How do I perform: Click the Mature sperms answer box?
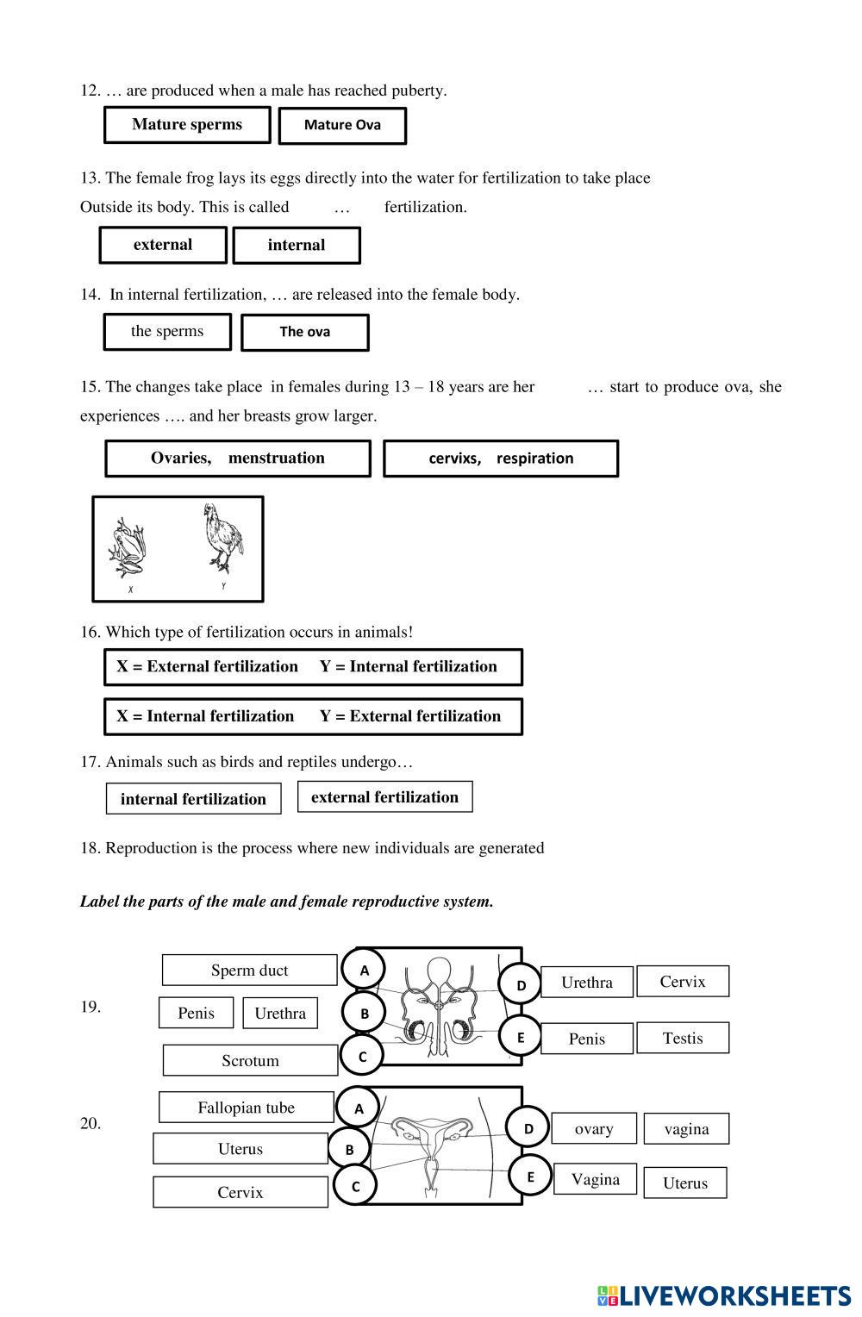(x=187, y=125)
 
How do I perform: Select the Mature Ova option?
(x=342, y=126)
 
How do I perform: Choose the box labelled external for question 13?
(x=163, y=245)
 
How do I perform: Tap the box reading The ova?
(x=304, y=332)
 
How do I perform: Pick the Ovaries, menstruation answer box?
(x=237, y=459)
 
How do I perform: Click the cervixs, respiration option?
(x=501, y=459)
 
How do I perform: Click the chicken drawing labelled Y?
(x=222, y=539)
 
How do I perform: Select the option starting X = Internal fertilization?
(x=313, y=716)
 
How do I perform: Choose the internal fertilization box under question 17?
(x=193, y=799)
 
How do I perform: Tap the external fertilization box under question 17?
(x=384, y=797)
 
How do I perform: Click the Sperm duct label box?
(x=249, y=971)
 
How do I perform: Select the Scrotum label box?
(x=250, y=1061)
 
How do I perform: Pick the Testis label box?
(x=683, y=1039)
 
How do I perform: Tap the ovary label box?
(x=594, y=1129)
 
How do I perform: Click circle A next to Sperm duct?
(x=365, y=970)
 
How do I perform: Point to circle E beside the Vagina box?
(x=530, y=1177)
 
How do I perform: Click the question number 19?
(x=91, y=1007)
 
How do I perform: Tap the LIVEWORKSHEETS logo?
(x=724, y=1295)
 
